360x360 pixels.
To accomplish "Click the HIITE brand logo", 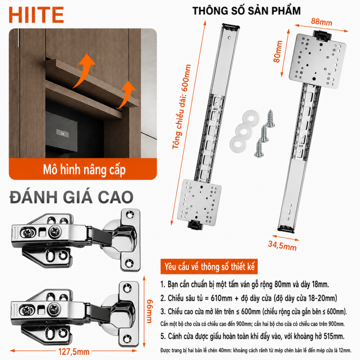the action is click(36, 15).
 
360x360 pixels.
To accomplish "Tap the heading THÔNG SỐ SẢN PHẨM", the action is click(246, 11).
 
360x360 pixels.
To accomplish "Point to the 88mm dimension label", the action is click(322, 22).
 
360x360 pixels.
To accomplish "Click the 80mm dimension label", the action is click(278, 51).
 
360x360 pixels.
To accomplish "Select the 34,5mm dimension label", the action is click(282, 246).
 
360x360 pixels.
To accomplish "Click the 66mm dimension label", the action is click(149, 311).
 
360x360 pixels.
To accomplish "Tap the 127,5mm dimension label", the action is click(74, 351).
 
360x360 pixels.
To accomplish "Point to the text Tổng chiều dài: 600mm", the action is click(182, 107).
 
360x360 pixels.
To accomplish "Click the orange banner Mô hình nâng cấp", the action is click(83, 169).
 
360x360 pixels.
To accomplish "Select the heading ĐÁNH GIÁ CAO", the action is click(72, 197).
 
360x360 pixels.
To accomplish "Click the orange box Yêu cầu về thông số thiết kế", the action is click(209, 266).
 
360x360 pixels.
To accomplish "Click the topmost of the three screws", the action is click(270, 118).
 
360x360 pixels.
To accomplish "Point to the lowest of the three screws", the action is click(259, 149).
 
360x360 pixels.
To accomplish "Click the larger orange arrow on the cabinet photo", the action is click(84, 71).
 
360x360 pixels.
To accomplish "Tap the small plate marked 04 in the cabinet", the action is click(63, 133).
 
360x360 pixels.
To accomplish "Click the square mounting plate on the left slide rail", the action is click(199, 202).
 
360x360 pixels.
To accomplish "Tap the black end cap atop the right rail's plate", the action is click(322, 35).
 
